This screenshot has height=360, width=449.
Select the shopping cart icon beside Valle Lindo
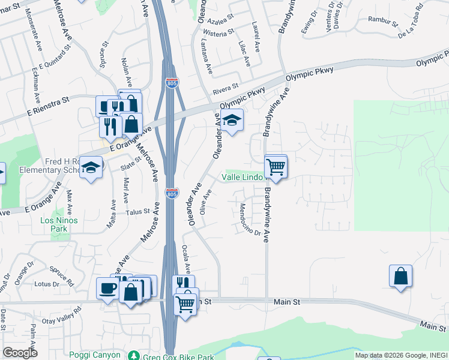tap(276, 166)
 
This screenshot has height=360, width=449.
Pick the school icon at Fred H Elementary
tap(91, 167)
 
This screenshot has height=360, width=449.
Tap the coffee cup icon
tap(108, 289)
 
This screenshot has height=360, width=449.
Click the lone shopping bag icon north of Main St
tap(400, 277)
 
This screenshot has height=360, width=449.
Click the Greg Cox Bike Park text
tap(178, 356)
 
